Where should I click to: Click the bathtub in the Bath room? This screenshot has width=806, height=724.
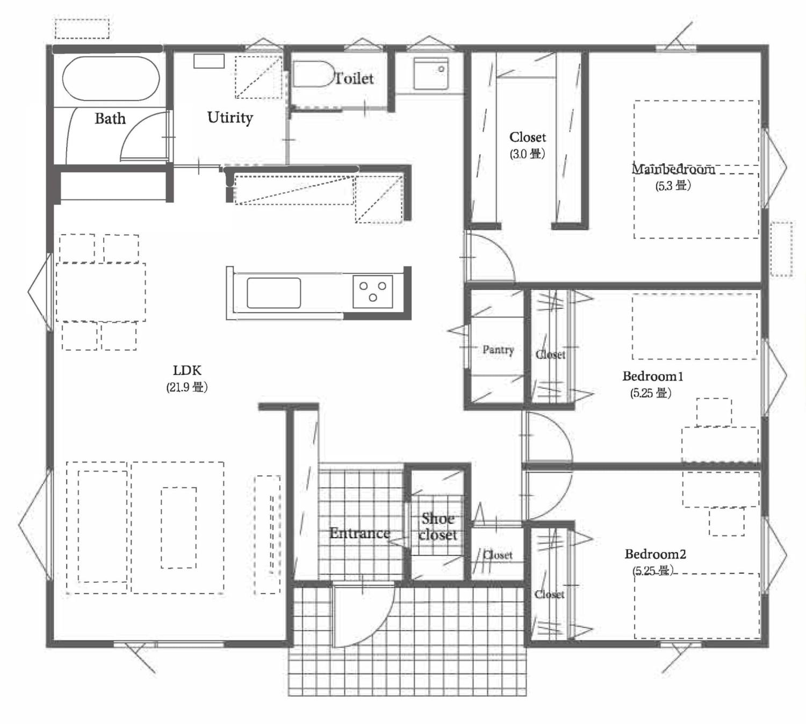111,78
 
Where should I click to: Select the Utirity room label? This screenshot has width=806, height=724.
230,117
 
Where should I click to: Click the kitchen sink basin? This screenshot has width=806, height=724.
274,293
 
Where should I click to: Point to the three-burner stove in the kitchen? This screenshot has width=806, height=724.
373,292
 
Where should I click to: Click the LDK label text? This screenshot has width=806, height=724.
187,370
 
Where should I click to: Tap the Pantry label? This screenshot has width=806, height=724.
498,350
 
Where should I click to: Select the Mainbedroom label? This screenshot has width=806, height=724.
673,169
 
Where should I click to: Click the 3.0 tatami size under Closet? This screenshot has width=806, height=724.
527,154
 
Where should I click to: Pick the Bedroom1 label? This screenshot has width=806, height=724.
653,377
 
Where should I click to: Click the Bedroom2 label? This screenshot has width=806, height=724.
656,554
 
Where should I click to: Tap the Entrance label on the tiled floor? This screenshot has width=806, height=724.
359,533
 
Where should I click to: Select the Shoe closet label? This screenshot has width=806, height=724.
438,527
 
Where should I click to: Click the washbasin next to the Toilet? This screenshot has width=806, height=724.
431,74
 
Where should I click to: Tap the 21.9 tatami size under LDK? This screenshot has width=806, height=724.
187,387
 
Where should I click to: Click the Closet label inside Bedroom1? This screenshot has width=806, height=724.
550,355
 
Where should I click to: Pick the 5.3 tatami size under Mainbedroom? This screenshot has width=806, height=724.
673,186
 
